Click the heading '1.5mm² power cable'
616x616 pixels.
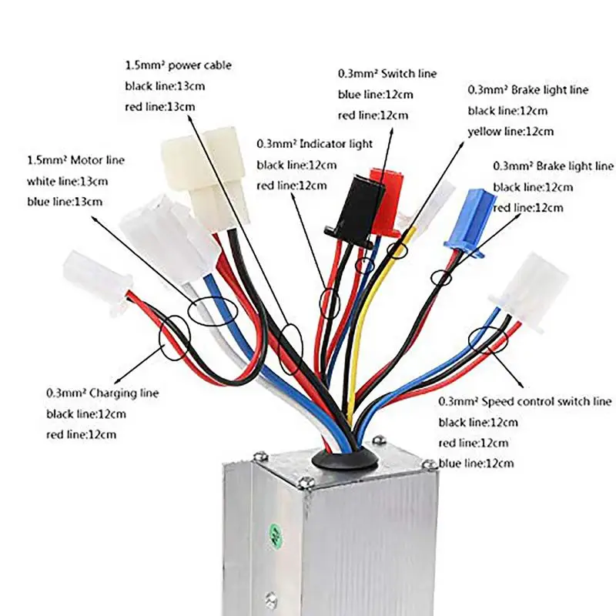click(177, 65)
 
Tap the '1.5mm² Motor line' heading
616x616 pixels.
click(75, 161)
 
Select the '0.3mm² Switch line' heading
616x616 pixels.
click(387, 74)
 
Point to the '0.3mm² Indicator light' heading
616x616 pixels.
click(314, 144)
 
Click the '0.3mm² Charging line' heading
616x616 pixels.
click(102, 393)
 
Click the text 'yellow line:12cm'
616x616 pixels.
click(511, 132)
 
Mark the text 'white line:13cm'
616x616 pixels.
click(67, 182)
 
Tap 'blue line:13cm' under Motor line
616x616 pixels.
click(64, 202)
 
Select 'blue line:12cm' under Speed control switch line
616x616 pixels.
click(476, 464)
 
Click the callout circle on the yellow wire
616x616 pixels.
click(397, 249)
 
